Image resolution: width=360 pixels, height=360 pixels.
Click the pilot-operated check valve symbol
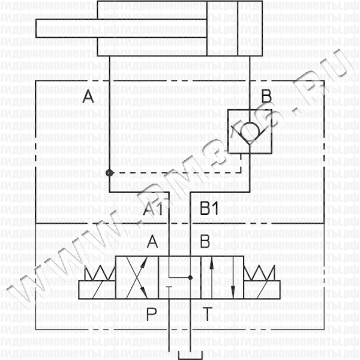pyautogui.click(x=251, y=130)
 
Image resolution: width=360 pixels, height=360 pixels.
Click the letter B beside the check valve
pyautogui.click(x=266, y=96)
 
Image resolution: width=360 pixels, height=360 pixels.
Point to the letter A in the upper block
pyautogui.click(x=88, y=96)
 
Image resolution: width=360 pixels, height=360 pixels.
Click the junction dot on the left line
pyautogui.click(x=109, y=173)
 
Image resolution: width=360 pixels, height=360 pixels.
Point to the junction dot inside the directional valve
pyautogui.click(x=190, y=278)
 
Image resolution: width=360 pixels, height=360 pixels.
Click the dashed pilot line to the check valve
pyautogui.click(x=180, y=173)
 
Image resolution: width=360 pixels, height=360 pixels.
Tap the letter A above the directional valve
pyautogui.click(x=152, y=242)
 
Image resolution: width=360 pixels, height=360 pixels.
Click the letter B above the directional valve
pyautogui.click(x=205, y=242)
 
